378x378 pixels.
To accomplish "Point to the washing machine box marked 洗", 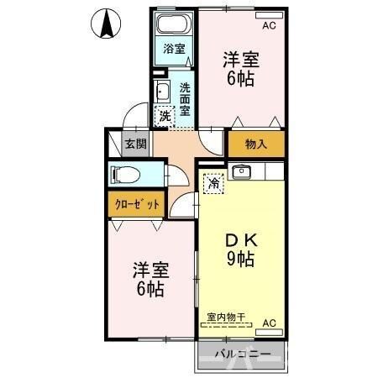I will point(165,116).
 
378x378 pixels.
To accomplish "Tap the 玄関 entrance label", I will point(135,144).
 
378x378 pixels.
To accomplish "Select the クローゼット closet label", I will point(134,204).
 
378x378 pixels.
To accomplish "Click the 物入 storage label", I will point(255,144).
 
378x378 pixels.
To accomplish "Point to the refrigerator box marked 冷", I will point(214,181).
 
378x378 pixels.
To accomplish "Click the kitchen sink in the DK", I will point(242,172).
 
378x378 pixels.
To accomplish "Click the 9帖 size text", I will point(242,259).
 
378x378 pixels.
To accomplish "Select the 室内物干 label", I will point(225,316).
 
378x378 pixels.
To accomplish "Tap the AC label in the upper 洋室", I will point(269,26).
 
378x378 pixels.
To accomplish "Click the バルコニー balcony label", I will point(242,354).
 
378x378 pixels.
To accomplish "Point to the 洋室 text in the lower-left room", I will point(152,270).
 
